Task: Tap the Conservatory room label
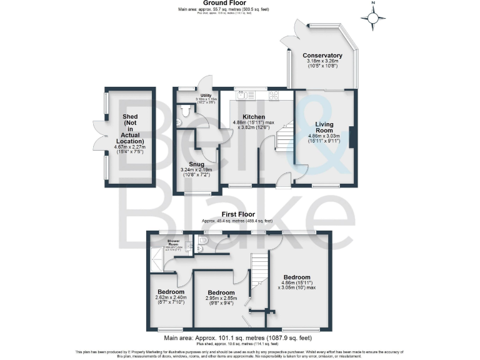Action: pyautogui.click(x=322, y=56)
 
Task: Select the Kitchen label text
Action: pyautogui.click(x=254, y=117)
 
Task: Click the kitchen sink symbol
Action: pyautogui.click(x=243, y=94)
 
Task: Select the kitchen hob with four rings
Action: pyautogui.click(x=273, y=95)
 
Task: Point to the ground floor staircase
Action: pyautogui.click(x=284, y=137)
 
